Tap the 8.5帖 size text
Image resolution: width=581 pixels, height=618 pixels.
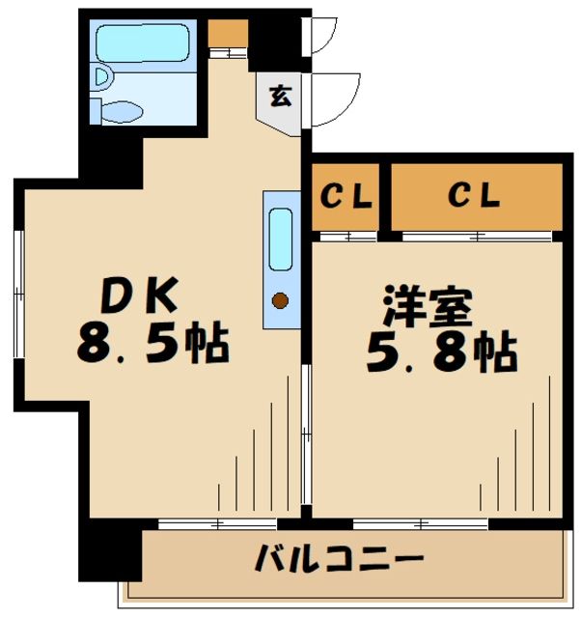click(152, 344)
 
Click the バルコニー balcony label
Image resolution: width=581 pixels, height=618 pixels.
click(339, 559)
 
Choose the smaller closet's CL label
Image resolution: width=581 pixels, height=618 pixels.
click(346, 197)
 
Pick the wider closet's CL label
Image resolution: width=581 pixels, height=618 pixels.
click(475, 196)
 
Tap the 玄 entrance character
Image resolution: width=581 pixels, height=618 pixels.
click(279, 97)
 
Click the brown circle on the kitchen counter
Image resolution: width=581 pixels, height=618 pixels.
click(280, 301)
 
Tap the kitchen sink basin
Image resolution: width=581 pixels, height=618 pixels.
click(280, 239)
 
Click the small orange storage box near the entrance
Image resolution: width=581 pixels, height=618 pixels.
click(228, 33)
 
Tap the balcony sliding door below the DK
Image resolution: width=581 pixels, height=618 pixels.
click(218, 524)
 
